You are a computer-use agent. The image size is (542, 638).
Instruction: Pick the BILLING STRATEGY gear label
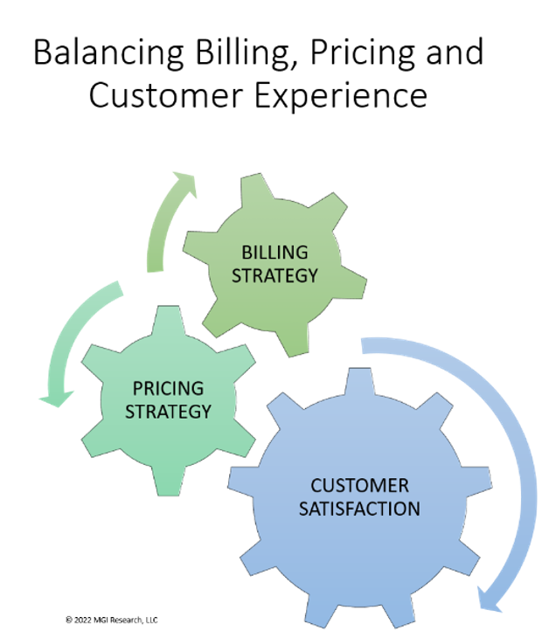click(x=274, y=264)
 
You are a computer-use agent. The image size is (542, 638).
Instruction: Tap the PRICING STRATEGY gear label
click(x=168, y=399)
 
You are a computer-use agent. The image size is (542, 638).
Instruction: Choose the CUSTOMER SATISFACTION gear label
click(x=359, y=496)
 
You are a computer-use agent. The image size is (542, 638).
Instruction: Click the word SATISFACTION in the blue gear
click(x=359, y=508)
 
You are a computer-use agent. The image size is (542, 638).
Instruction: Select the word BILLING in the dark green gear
click(x=274, y=253)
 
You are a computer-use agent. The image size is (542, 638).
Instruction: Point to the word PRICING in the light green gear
click(x=168, y=387)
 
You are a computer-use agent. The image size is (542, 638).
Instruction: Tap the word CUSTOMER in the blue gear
click(x=359, y=485)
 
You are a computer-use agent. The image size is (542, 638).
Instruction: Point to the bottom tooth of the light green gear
click(x=168, y=482)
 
